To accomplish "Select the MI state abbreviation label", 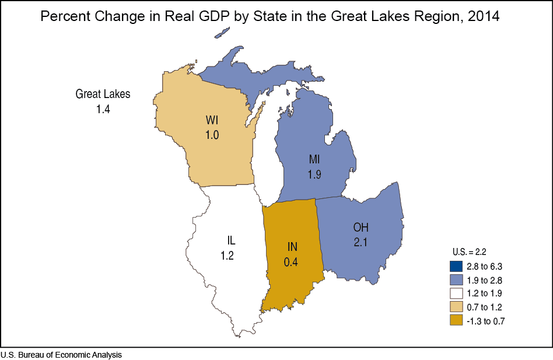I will click(x=316, y=159).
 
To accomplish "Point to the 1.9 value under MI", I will click(x=315, y=173).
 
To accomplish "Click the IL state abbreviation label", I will click(x=231, y=240).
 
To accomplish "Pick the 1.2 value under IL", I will click(x=228, y=255).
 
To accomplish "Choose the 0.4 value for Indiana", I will click(x=291, y=262).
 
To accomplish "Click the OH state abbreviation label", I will click(x=361, y=227).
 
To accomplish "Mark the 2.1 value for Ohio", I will click(x=361, y=242).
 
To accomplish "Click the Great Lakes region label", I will click(x=103, y=93).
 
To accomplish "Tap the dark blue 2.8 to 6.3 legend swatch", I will click(x=456, y=267).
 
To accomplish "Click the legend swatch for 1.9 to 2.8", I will click(x=456, y=280).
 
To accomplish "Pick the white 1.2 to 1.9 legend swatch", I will click(x=456, y=293).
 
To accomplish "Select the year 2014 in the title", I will click(x=480, y=16).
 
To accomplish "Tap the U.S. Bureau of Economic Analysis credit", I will click(x=61, y=355).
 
